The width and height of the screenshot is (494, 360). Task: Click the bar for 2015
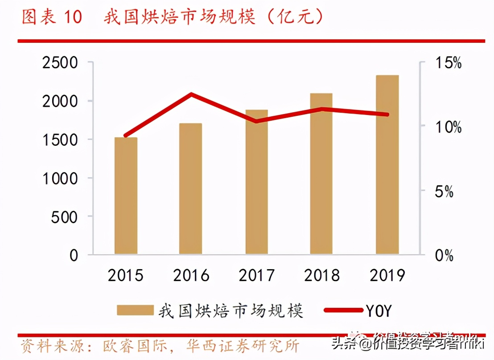[x=126, y=196]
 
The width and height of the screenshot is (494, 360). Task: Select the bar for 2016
[x=191, y=189]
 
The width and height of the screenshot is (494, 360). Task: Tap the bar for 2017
[x=256, y=182]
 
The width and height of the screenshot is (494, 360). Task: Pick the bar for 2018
[x=321, y=174]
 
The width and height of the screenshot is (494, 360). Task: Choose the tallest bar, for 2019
[x=387, y=165]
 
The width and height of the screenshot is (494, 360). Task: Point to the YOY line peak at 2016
[x=191, y=94]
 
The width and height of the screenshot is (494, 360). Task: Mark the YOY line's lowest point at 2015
[x=126, y=135]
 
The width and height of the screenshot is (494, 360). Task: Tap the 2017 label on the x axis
[x=256, y=275]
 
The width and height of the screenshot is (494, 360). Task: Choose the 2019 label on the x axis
[x=387, y=275]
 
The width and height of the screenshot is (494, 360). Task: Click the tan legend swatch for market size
[x=135, y=310]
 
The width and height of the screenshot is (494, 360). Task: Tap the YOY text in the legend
[x=379, y=311]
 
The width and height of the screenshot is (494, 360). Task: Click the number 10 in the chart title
[x=73, y=18]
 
